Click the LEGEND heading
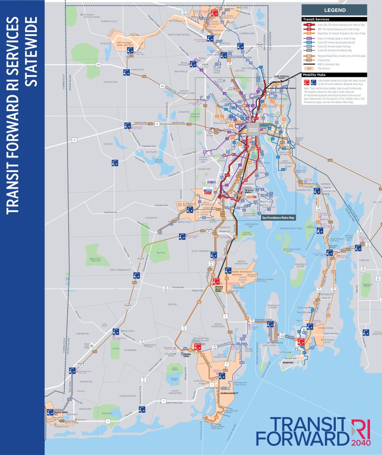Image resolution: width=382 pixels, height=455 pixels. [334, 10]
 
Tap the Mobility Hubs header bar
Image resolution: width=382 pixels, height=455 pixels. [314, 75]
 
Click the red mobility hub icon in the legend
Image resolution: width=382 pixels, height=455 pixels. [305, 82]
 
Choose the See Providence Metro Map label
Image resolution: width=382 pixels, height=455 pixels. [278, 218]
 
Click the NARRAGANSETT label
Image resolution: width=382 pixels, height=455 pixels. [229, 393]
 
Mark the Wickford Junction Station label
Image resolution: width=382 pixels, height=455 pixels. [219, 289]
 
